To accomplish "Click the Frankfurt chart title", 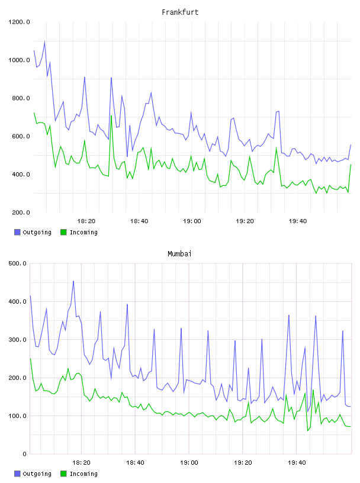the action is point(180,12).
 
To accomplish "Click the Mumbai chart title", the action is point(179,254).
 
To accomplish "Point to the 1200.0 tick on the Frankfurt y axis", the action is point(19,22).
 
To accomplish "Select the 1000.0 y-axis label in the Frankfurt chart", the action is point(19,60).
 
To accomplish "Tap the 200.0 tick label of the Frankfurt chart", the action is point(21,212).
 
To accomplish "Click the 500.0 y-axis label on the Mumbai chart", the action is point(17,263).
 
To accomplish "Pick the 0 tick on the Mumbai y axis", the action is point(25,454).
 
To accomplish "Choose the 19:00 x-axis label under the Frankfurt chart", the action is point(192,221).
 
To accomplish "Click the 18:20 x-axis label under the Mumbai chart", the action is point(81,463).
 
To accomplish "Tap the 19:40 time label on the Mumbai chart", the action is point(297,463).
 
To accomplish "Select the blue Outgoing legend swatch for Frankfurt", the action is point(17,232).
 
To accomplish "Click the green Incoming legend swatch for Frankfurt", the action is point(63,232).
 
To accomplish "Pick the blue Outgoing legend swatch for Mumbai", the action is point(17,474).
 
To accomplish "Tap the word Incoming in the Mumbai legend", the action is point(83,474).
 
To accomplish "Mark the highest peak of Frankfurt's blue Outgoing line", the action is point(44,41).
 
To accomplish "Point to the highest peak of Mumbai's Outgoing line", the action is point(73,281).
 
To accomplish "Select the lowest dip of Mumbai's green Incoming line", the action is point(308,431).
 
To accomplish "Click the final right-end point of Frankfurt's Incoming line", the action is point(351,165).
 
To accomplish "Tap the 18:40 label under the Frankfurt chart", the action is point(139,221).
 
